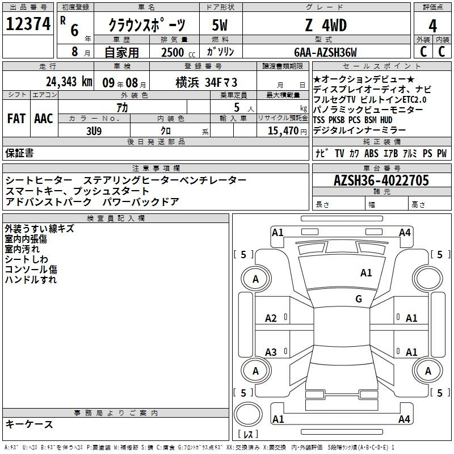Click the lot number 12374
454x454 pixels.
pyautogui.click(x=28, y=23)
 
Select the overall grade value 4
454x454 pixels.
pyautogui.click(x=432, y=26)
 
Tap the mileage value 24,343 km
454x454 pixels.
pyautogui.click(x=69, y=82)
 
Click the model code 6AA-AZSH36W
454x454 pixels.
pyautogui.click(x=325, y=52)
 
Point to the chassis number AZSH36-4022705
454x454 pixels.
pyautogui.click(x=381, y=180)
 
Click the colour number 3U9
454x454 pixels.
pyautogui.click(x=94, y=131)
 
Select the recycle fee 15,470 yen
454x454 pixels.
pyautogui.click(x=287, y=131)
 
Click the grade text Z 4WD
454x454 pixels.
pyautogui.click(x=326, y=25)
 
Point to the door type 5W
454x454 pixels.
pyautogui.click(x=220, y=25)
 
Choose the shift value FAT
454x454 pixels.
pyautogui.click(x=16, y=119)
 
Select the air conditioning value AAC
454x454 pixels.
pyautogui.click(x=44, y=119)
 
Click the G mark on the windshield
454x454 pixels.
pyautogui.click(x=359, y=299)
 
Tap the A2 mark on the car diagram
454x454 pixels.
pyautogui.click(x=271, y=318)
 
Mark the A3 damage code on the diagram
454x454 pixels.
pyautogui.click(x=271, y=352)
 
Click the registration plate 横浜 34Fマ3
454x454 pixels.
pyautogui.click(x=207, y=82)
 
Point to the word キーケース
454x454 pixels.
pyautogui.click(x=29, y=424)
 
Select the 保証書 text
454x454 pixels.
pyautogui.click(x=19, y=153)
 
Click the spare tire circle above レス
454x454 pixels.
pyautogui.click(x=248, y=414)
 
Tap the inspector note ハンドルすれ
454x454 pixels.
pyautogui.click(x=31, y=279)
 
